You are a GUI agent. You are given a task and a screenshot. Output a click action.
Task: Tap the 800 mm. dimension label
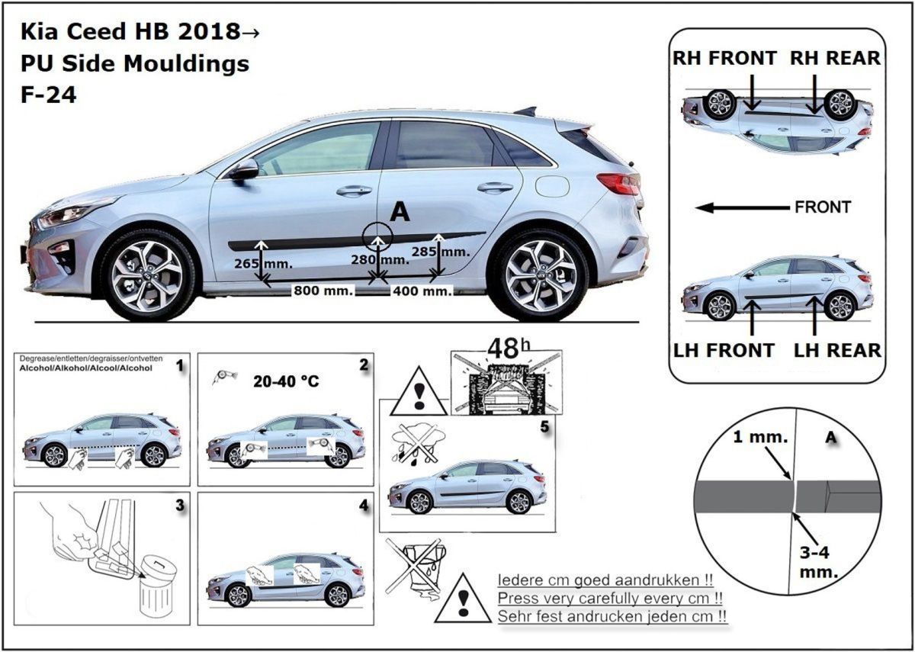(x=323, y=291)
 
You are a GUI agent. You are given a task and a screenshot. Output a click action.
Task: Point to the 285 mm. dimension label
(x=440, y=251)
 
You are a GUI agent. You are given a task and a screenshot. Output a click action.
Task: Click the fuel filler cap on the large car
(x=552, y=186)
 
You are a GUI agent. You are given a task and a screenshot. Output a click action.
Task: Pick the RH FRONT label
(x=724, y=58)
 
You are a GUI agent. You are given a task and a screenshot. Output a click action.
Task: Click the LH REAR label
(x=837, y=351)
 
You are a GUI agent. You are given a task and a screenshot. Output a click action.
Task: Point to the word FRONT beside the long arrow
(x=823, y=207)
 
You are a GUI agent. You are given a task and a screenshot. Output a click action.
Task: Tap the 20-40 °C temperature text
(x=286, y=381)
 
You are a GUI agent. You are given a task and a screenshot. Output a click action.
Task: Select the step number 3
(x=179, y=506)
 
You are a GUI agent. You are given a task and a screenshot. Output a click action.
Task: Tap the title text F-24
(x=49, y=96)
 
